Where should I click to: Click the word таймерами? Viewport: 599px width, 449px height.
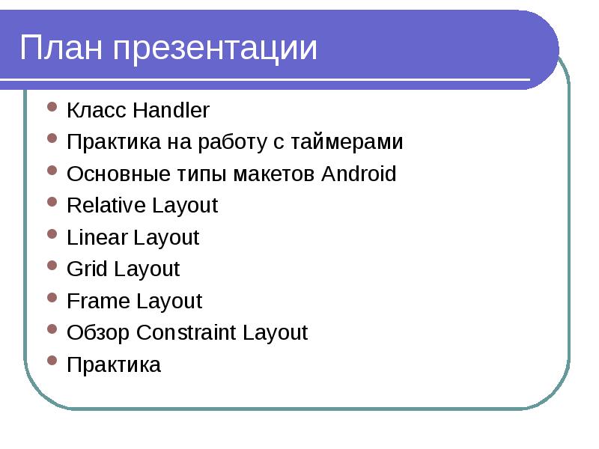[345, 142]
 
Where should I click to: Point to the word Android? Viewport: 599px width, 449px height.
[358, 174]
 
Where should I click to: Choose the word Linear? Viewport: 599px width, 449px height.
[97, 238]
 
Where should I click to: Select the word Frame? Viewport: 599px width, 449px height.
[99, 302]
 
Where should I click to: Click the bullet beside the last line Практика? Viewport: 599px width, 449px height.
[52, 361]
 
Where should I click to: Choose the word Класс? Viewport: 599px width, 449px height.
[97, 111]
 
